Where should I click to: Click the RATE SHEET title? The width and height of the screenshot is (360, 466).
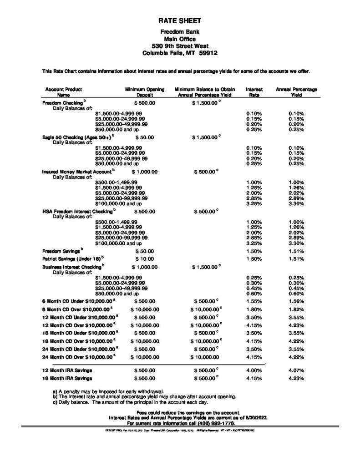[x=179, y=21]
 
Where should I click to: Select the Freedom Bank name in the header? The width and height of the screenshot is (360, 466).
[x=179, y=31]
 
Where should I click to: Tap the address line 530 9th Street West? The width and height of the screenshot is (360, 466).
[x=179, y=46]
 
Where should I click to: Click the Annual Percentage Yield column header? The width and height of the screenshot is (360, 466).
[x=296, y=93]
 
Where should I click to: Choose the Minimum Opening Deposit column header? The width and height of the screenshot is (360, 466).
[x=141, y=93]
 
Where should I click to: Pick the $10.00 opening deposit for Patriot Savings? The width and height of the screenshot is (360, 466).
[x=144, y=258]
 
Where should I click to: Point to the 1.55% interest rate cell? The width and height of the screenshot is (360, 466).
[x=254, y=301]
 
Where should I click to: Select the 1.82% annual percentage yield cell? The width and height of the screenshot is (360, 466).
[x=296, y=309]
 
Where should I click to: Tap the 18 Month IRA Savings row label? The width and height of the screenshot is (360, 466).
[x=67, y=378]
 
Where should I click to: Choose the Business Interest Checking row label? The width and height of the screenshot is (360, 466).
[x=73, y=266]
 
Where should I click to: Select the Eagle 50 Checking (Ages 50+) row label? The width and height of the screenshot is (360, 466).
[x=77, y=137]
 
